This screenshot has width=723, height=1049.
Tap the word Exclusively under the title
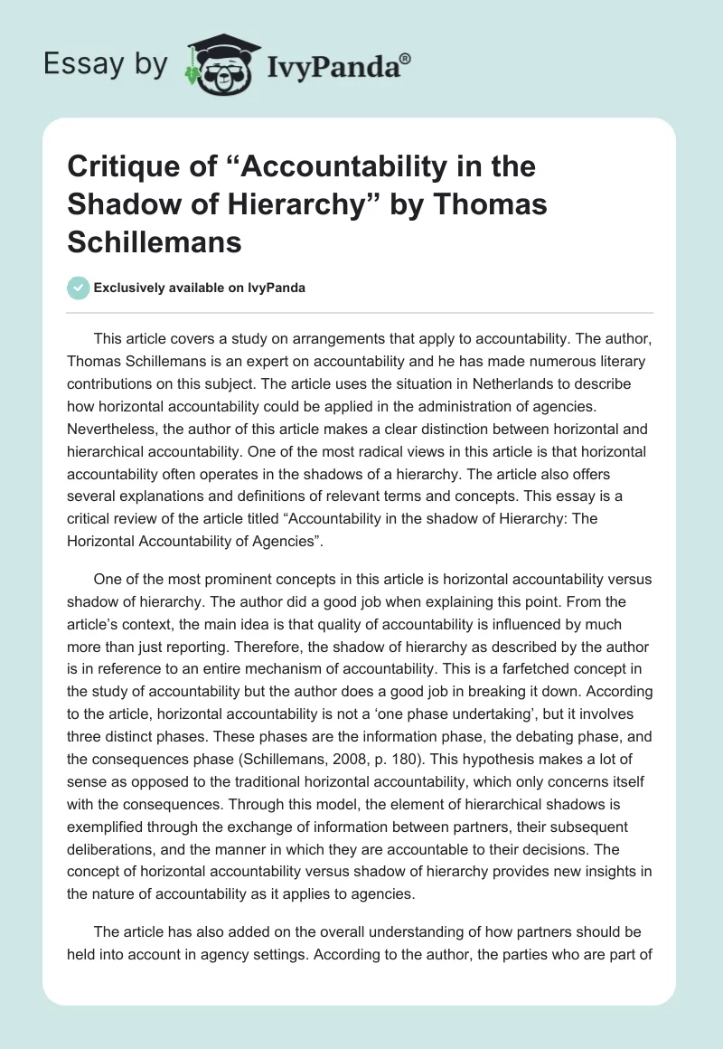point(131,288)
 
